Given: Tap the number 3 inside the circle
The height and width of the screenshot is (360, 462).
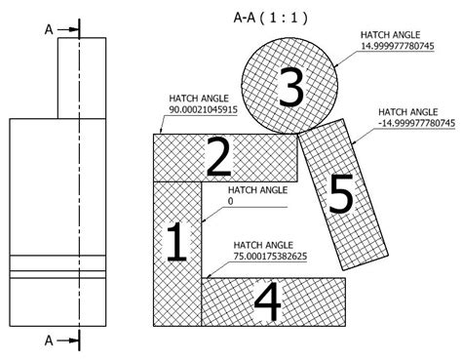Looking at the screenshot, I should (x=289, y=88).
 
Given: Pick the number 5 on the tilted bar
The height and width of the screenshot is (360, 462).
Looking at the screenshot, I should (x=340, y=195).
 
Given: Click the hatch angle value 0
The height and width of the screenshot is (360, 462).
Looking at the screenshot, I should (x=229, y=201).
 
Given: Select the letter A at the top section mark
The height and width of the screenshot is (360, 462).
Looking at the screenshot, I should (x=48, y=28).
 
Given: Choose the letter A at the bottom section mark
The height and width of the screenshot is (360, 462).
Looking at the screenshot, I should (x=48, y=340).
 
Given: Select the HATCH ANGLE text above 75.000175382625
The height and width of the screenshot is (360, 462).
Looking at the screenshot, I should (x=262, y=244).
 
